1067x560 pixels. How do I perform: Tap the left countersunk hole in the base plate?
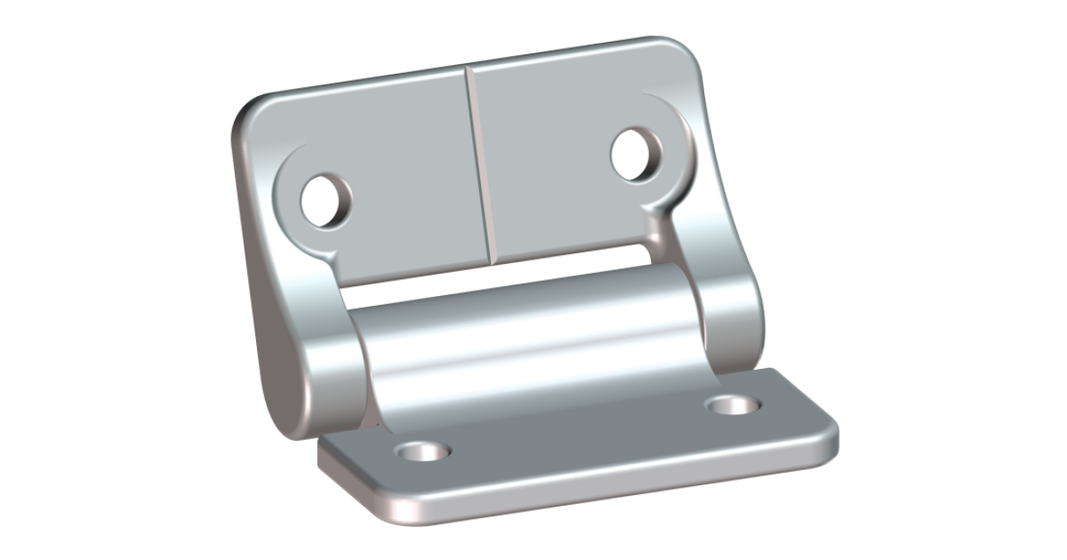[422, 452]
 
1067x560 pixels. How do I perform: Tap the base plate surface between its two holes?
[578, 436]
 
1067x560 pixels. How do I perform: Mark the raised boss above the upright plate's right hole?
[662, 111]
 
